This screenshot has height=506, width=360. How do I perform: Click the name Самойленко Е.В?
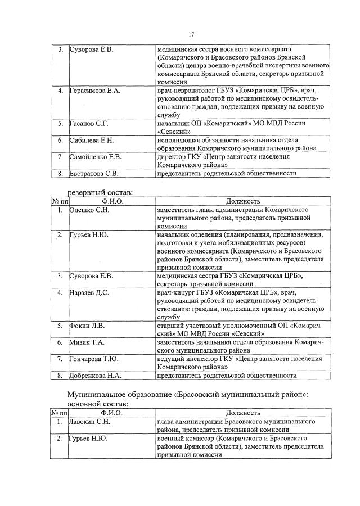tap(95, 156)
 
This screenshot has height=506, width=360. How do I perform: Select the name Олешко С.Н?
tap(89, 210)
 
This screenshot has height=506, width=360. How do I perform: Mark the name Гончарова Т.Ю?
tap(93, 359)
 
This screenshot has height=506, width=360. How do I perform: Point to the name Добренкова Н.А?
tap(95, 376)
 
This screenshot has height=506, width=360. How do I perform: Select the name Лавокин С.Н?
tap(89, 421)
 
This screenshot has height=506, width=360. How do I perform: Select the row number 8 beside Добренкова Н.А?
tap(59, 376)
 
